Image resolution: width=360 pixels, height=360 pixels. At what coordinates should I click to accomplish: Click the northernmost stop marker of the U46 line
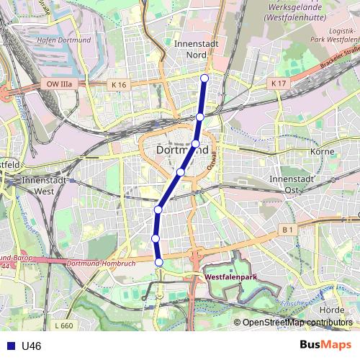coord(204,78)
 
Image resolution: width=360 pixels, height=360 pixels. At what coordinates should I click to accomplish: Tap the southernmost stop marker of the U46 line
coord(159,262)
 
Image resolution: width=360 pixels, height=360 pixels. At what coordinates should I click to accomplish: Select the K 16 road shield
coord(119,85)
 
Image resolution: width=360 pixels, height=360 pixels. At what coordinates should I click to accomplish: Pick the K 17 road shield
coord(279,84)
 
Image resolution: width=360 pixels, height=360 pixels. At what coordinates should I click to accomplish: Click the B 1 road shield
coord(288,229)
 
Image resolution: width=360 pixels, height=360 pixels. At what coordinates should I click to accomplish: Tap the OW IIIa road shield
coord(60,85)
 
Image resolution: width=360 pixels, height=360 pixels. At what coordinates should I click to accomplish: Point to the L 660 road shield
coord(63,326)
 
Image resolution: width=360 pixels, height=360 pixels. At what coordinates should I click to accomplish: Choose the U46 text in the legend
coord(32,346)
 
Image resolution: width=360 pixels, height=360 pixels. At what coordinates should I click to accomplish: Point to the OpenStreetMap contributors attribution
coord(297,323)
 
